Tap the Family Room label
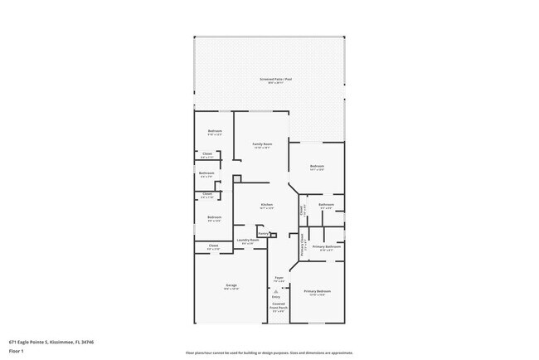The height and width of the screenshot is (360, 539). coord(263,144)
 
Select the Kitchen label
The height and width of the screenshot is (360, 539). coord(267,205)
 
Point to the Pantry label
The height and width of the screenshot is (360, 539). coord(262,234)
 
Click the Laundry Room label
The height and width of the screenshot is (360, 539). coord(247,241)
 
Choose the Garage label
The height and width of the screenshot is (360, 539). coord(231,286)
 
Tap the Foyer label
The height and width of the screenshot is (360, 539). coord(280,280)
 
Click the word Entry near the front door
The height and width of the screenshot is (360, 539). coord(276,296)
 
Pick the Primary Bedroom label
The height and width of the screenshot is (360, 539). coord(317,291)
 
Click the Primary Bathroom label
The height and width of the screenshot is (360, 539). coord(327,246)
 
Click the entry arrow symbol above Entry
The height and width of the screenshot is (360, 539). coord(276,290)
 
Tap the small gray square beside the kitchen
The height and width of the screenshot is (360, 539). coord(236,178)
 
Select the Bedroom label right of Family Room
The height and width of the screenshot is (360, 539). coord(317,167)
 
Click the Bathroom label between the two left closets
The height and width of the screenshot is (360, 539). coord(206,173)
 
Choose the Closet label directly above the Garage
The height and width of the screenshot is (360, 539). coord(213,246)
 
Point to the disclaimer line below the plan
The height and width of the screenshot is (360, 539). coord(269,353)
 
